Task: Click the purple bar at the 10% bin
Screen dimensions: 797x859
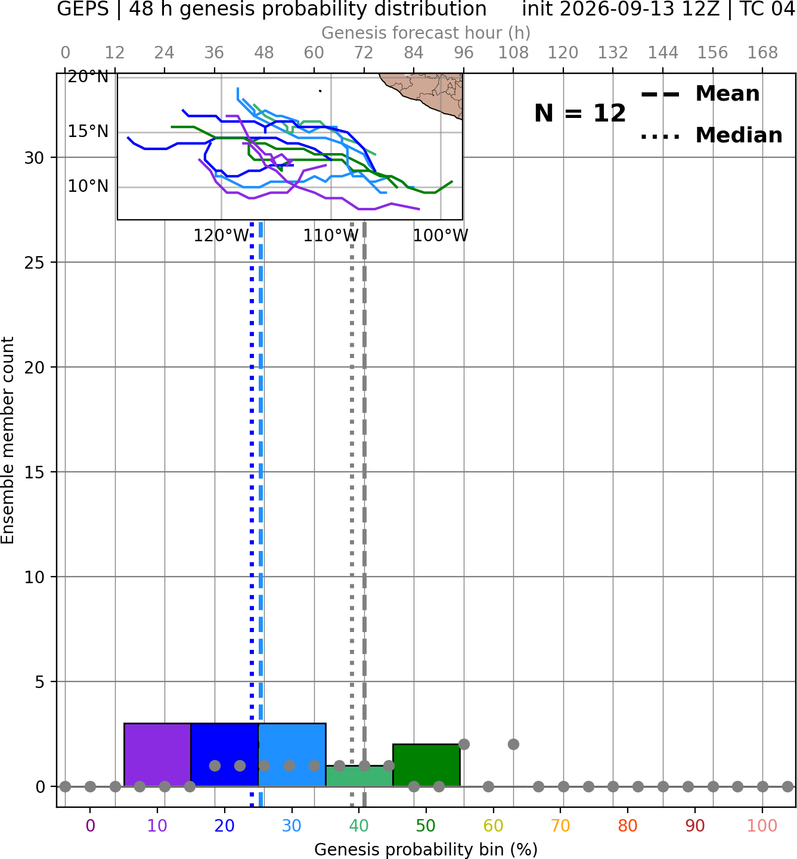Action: (x=157, y=754)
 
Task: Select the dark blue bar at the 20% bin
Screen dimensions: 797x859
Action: (x=225, y=754)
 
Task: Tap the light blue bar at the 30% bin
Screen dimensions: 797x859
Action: (x=291, y=754)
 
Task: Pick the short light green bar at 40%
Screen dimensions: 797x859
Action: (x=359, y=776)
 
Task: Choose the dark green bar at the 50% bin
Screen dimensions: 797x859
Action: (x=426, y=765)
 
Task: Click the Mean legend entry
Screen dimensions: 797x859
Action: (x=700, y=94)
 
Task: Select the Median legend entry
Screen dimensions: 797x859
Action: (x=711, y=135)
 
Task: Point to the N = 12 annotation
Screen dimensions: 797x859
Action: (x=580, y=113)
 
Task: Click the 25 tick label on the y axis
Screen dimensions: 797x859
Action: (x=35, y=263)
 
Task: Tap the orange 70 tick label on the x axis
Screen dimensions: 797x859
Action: (x=560, y=826)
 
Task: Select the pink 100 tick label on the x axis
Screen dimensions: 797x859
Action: (x=762, y=826)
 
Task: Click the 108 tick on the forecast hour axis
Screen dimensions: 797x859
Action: (x=513, y=53)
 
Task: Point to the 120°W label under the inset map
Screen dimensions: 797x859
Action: (x=221, y=236)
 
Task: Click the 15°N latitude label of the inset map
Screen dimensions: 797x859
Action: (x=88, y=132)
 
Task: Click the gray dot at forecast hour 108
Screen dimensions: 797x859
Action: (x=513, y=745)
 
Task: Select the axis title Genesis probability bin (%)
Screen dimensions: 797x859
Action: (x=426, y=849)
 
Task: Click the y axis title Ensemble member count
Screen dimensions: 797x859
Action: (x=8, y=440)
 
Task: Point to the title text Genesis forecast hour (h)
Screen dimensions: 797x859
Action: (x=426, y=33)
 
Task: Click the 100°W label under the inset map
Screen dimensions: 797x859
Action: (x=441, y=236)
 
